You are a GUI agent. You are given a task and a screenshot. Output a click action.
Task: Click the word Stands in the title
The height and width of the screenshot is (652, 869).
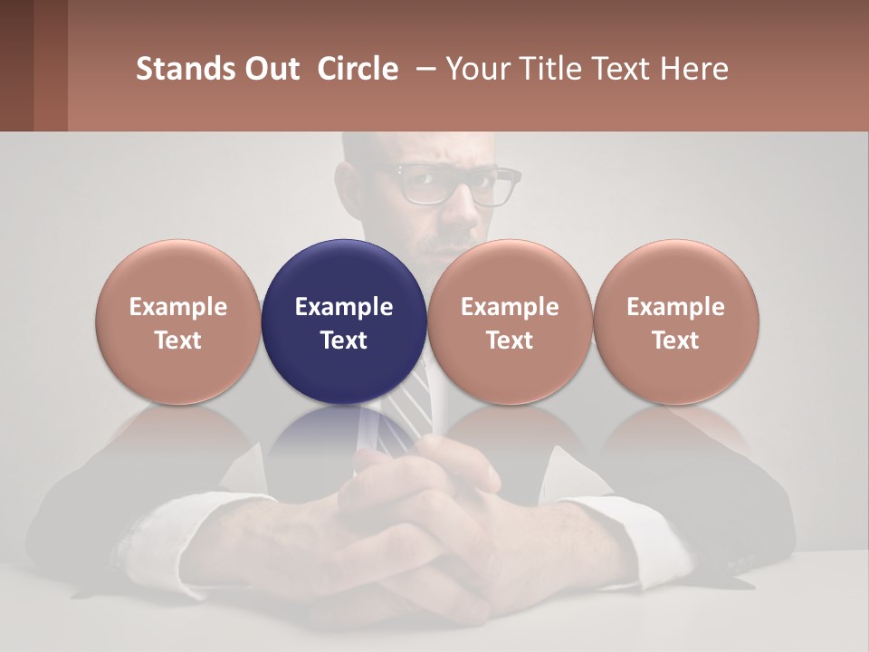point(186,69)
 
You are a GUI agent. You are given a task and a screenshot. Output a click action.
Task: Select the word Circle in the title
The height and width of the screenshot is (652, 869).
point(358,69)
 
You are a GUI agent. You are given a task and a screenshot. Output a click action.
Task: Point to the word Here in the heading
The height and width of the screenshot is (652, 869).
point(693,69)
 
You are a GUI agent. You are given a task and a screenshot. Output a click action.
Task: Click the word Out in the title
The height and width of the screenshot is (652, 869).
point(271,69)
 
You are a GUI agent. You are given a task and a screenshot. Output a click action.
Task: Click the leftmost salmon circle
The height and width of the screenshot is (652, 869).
point(178,272)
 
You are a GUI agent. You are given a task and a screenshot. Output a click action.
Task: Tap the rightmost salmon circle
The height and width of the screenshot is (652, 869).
point(676,272)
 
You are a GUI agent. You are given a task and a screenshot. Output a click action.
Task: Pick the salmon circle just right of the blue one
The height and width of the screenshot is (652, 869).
point(510,272)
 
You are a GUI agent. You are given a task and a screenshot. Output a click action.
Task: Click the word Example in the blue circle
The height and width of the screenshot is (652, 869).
point(344,307)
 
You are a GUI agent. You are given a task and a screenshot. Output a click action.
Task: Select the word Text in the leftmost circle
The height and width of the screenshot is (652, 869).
point(178,340)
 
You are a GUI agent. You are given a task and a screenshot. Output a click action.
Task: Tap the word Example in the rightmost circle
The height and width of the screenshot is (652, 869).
point(676,307)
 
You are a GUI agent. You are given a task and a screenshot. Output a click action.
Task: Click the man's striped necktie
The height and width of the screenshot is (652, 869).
point(412,398)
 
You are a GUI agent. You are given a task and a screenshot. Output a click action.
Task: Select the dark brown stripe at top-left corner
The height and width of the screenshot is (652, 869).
point(16,65)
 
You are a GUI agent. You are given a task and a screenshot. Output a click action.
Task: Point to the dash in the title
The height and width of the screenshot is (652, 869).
point(423,69)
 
